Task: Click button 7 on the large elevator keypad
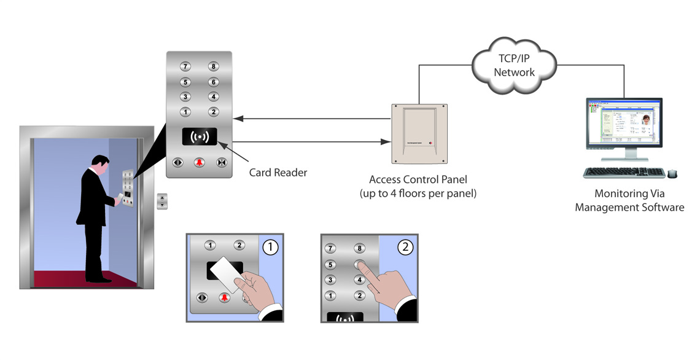click(185, 66)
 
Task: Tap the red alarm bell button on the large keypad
click(200, 163)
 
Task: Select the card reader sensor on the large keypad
click(200, 136)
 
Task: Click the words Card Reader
click(278, 173)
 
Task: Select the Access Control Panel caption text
click(418, 186)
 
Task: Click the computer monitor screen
click(624, 123)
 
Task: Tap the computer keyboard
click(623, 173)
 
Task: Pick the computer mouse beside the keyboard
click(672, 174)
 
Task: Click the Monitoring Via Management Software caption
click(629, 200)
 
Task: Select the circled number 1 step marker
click(270, 247)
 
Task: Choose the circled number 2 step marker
click(405, 247)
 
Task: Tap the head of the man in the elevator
click(100, 164)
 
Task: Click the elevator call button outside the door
click(162, 201)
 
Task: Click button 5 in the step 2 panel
click(330, 265)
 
